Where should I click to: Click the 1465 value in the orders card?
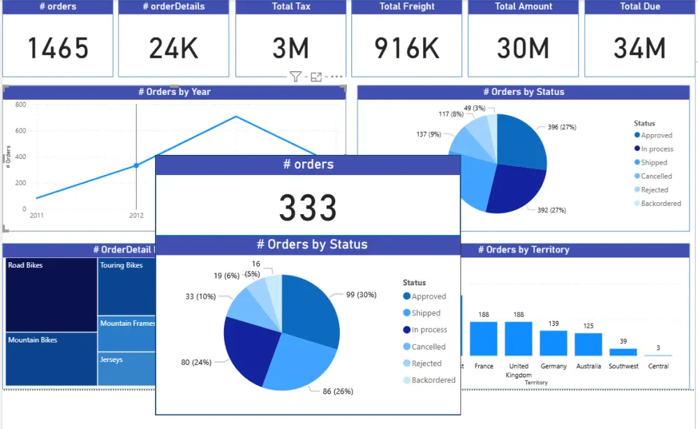(x=58, y=48)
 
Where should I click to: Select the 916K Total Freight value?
(x=407, y=48)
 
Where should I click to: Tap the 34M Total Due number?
(x=639, y=48)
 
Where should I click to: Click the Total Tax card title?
(x=290, y=7)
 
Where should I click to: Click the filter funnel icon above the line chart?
(x=295, y=77)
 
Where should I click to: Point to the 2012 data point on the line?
(x=136, y=165)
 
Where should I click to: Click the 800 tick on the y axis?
(x=21, y=105)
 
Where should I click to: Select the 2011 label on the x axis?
(x=36, y=216)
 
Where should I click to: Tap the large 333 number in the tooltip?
(x=308, y=208)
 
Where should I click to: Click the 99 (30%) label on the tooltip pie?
(x=361, y=294)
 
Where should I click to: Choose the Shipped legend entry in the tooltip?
(x=425, y=313)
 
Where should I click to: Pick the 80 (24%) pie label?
(x=196, y=362)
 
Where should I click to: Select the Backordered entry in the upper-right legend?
(x=660, y=203)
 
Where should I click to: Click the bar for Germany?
(x=554, y=343)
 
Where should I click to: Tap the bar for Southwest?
(x=623, y=352)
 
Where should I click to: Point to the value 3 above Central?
(x=658, y=347)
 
